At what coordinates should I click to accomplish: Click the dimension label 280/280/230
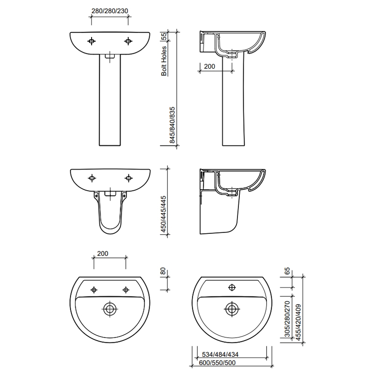109,11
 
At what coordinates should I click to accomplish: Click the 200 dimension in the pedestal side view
209,67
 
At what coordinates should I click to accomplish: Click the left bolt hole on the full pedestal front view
92,41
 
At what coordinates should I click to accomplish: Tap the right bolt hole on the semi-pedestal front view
128,178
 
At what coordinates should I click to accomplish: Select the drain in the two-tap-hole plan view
110,309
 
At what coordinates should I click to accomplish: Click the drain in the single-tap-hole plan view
231,309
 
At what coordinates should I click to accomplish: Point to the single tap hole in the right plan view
231,288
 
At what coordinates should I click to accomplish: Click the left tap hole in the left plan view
94,290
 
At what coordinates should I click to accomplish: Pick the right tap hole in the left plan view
125,290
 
